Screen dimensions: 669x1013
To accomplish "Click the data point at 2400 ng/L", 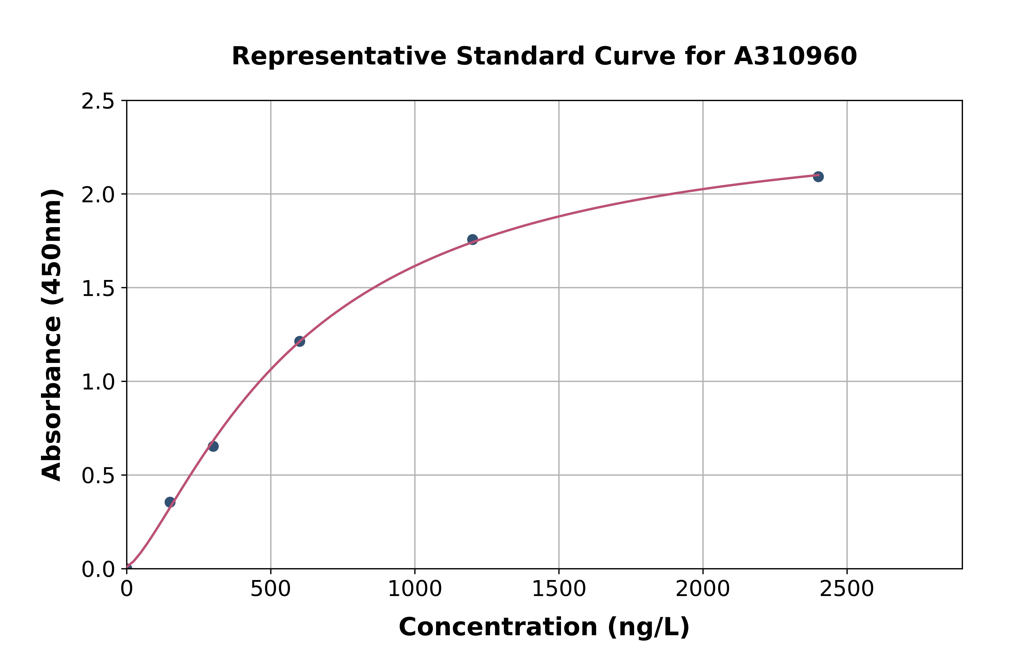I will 818,177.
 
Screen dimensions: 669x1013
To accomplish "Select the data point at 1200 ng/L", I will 472,239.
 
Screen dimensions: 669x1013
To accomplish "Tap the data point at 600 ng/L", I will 300,341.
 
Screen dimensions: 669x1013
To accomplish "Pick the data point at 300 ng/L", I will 213,446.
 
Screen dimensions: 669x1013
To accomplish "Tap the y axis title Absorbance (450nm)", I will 52,335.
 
